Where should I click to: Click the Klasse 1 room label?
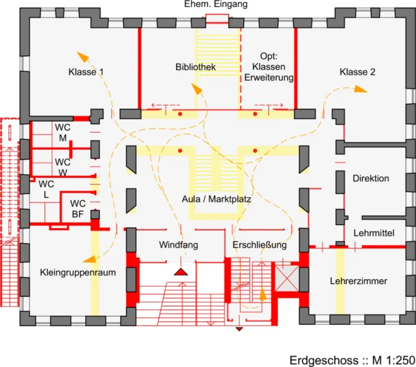[86, 72]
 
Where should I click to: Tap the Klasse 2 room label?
[357, 72]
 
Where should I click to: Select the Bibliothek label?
[196, 66]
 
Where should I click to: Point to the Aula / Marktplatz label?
[216, 199]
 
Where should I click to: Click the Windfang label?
[179, 244]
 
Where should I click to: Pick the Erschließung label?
[259, 244]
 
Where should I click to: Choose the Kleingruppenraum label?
[78, 272]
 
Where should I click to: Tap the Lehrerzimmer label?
[358, 281]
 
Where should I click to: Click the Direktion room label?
[371, 179]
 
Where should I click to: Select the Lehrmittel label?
[374, 233]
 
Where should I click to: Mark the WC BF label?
[78, 208]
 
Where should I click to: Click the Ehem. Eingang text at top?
[216, 4]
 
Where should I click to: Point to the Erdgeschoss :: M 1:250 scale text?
[353, 360]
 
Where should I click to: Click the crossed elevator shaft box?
[287, 279]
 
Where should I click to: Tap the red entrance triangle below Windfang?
[181, 272]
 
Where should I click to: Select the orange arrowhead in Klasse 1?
[83, 57]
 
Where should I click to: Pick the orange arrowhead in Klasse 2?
[361, 89]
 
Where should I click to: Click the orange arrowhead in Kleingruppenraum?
[89, 259]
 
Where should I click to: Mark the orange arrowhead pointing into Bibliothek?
[197, 89]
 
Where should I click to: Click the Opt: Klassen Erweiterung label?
[269, 66]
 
